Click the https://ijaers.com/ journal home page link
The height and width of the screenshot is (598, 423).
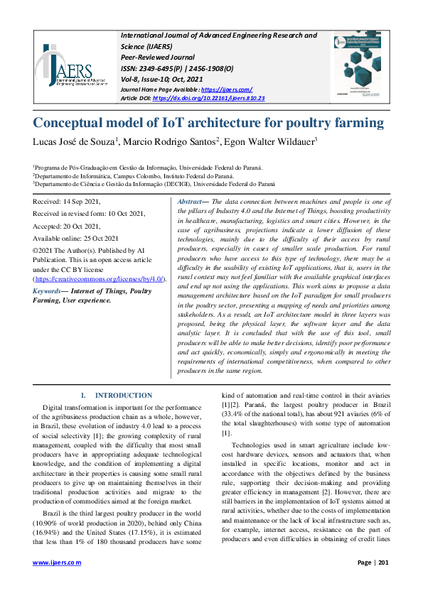[227, 89]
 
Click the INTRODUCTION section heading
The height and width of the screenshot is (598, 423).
[123, 395]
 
